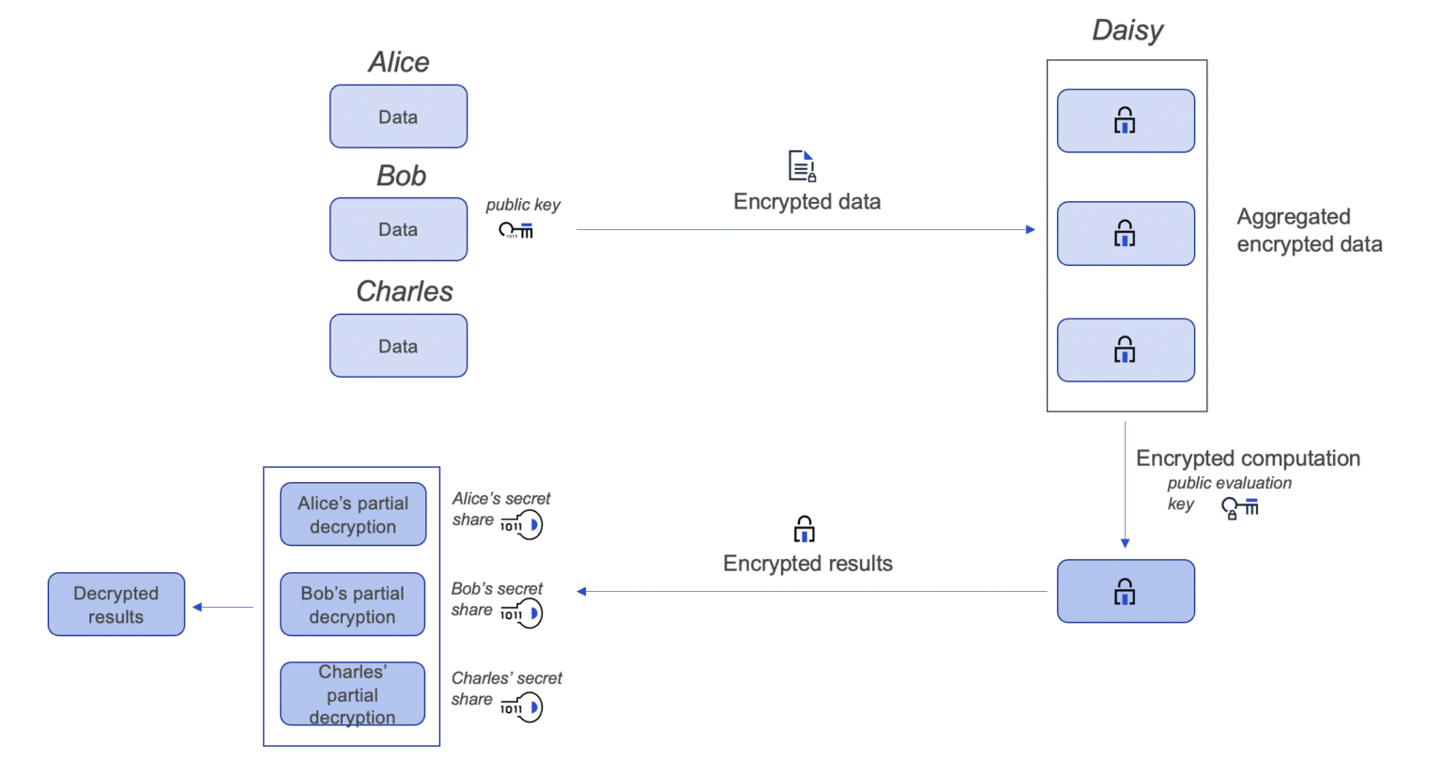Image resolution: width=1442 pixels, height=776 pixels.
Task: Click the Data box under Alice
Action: pos(398,116)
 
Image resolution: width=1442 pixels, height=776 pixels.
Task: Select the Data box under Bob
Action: pos(398,229)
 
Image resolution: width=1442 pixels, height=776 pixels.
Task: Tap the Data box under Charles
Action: pos(398,346)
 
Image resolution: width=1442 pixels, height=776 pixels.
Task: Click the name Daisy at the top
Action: pos(1127,30)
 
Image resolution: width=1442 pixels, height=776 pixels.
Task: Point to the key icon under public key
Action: pos(515,230)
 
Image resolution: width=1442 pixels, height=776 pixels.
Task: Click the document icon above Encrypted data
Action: pos(802,166)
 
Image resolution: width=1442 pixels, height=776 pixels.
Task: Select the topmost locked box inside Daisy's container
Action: pos(1126,121)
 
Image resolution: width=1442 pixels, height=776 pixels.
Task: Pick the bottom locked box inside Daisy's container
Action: pos(1126,350)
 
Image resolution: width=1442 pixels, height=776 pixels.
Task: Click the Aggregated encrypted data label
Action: pos(1309,230)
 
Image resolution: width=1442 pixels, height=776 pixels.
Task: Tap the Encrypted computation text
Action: pos(1248,458)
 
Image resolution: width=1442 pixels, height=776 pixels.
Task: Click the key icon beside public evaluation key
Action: pos(1239,508)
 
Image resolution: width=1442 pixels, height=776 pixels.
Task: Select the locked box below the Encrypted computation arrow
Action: pos(1126,592)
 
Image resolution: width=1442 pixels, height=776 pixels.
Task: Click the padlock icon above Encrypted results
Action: pos(804,529)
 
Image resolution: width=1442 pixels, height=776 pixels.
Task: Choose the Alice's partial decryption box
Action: pos(353,515)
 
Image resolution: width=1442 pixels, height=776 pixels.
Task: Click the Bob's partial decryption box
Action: pos(352,605)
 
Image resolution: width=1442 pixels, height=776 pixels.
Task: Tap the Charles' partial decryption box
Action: pos(352,694)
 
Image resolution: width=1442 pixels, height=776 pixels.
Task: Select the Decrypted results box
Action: pos(116,605)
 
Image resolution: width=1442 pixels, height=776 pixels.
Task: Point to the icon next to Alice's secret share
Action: pos(523,524)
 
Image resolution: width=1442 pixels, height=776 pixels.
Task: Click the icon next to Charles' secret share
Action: pos(523,706)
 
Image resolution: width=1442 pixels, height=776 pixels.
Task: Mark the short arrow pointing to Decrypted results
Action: pos(223,607)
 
